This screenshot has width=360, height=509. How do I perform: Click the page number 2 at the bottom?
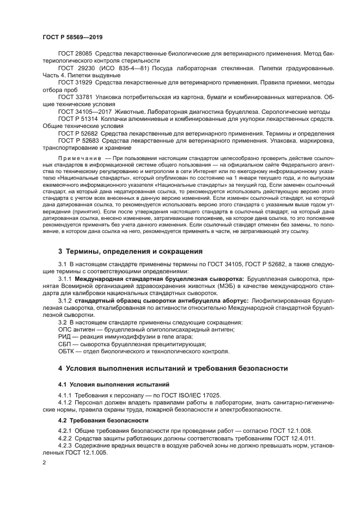(44, 462)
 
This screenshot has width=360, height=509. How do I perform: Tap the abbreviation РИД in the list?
(65, 336)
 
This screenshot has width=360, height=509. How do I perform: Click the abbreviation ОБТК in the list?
(67, 351)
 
